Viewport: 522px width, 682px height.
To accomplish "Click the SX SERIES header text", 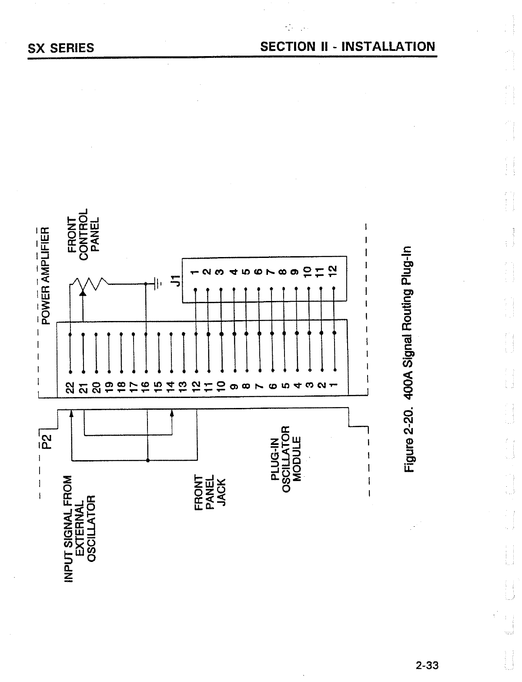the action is [61, 48].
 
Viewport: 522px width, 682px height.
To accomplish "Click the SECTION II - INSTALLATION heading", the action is [348, 47].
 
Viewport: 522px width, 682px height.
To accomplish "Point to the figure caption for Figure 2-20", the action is [408, 359].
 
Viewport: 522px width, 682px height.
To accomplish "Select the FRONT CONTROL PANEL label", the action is [83, 234].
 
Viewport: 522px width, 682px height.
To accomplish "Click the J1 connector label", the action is [176, 280].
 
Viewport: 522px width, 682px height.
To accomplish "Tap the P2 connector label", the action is [46, 441].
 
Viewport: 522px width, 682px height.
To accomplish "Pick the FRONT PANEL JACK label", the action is [210, 492].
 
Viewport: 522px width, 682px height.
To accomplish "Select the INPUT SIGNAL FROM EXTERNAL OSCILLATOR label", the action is [79, 528].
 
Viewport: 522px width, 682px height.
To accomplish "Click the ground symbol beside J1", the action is [158, 283].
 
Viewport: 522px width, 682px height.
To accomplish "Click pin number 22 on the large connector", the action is [70, 388].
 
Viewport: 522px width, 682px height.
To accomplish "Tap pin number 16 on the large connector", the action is [145, 388].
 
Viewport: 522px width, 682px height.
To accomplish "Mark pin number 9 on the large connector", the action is [234, 387].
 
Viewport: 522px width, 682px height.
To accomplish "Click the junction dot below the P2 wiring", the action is [147, 460].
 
